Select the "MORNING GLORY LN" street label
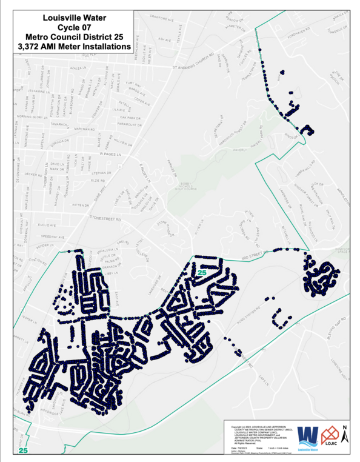[x=31, y=116]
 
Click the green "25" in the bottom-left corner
[x=24, y=450]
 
